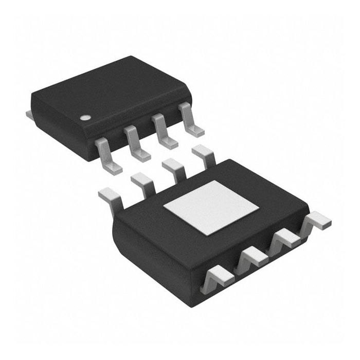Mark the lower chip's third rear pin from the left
[x=173, y=168]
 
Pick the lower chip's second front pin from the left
[x=252, y=257]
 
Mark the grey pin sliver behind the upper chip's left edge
[x=29, y=113]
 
